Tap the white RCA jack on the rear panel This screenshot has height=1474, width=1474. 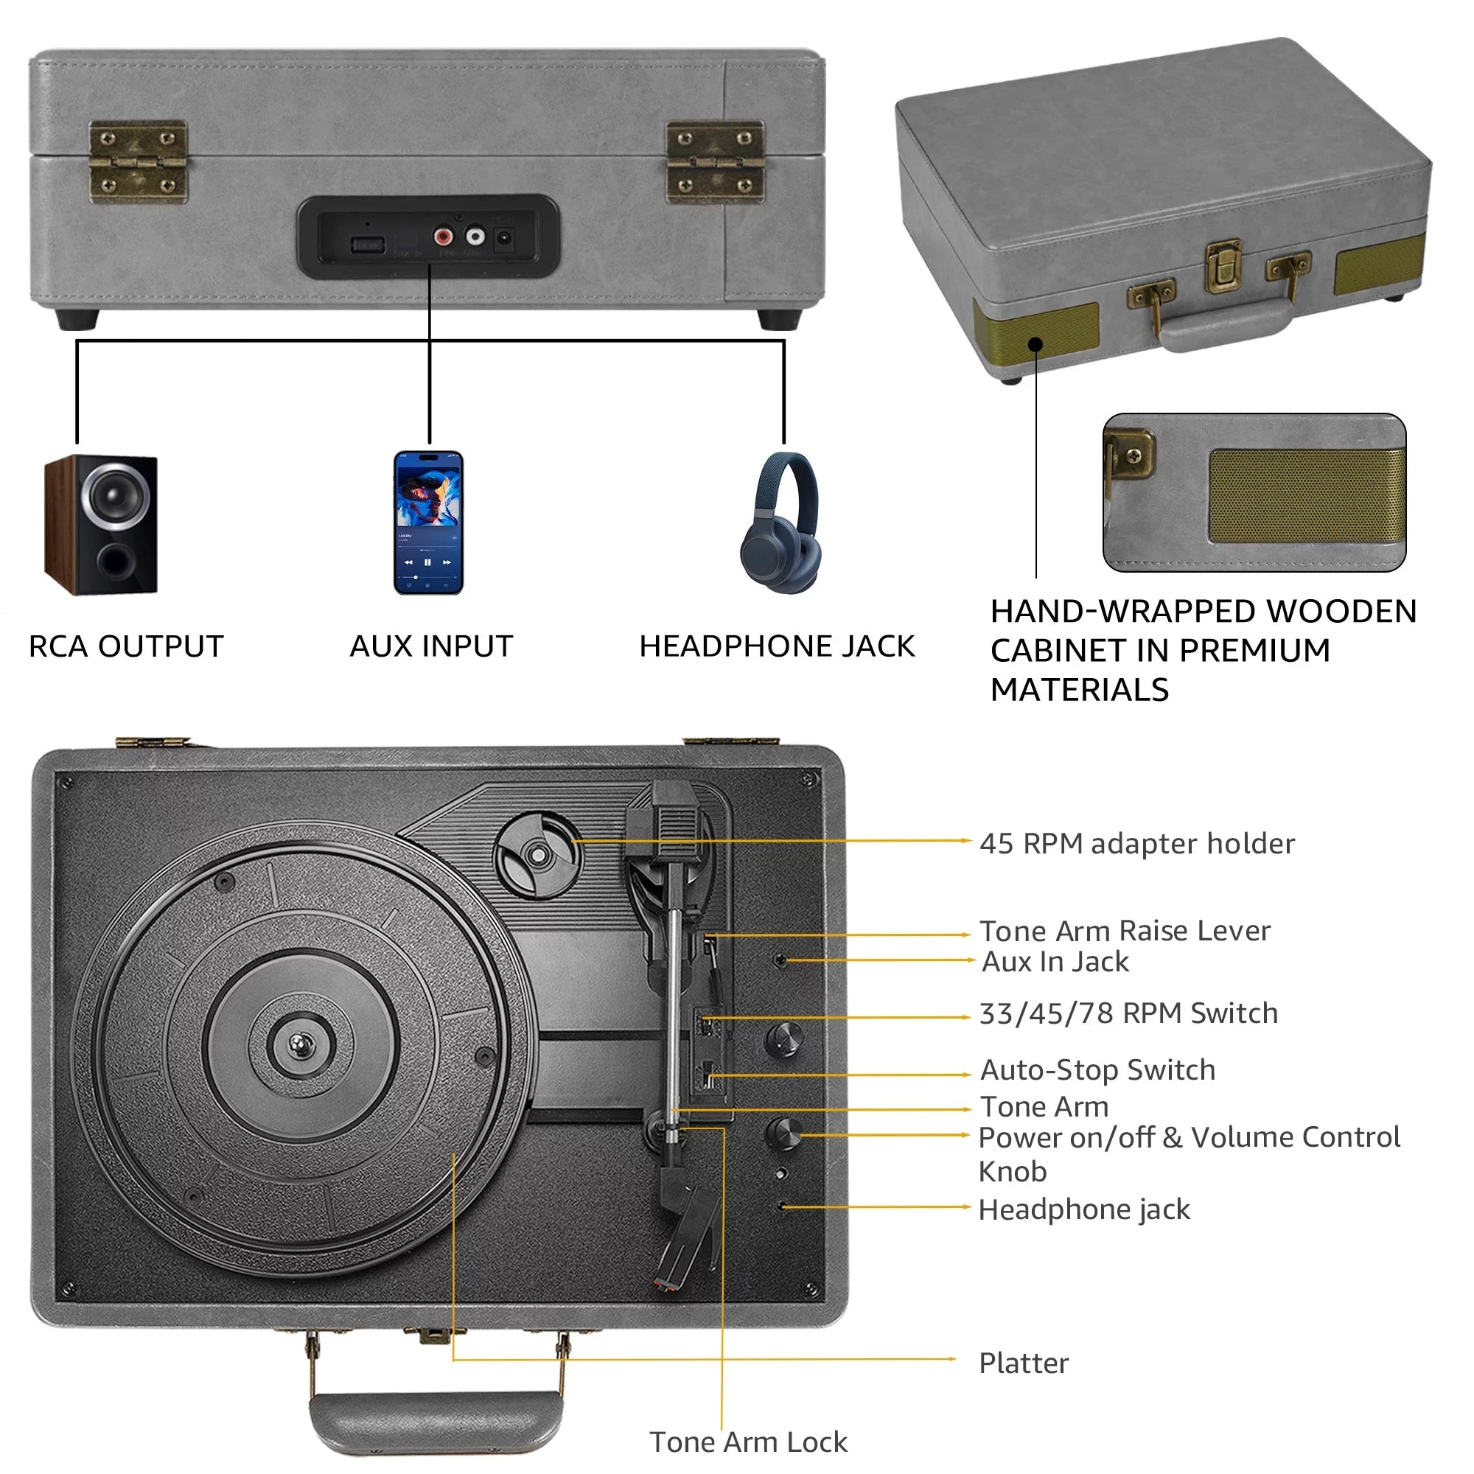pos(475,237)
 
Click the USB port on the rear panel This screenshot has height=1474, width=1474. pos(367,245)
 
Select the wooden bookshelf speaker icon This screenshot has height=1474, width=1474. pos(102,525)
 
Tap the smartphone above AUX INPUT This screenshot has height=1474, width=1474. pos(429,523)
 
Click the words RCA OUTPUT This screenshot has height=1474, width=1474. pos(126,647)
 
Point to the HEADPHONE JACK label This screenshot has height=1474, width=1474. pos(777,647)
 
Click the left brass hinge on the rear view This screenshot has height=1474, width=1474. pos(138,162)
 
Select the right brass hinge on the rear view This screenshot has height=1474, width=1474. pos(715,162)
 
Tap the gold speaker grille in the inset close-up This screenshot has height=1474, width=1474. pos(1306,497)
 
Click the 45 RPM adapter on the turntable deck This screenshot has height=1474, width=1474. pos(538,855)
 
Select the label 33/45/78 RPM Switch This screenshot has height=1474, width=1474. pos(1128,1014)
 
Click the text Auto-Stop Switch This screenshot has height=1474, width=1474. pos(1098,1070)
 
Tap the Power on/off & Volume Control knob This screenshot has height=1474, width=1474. pos(783,1134)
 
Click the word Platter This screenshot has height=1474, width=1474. pos(1024,1363)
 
